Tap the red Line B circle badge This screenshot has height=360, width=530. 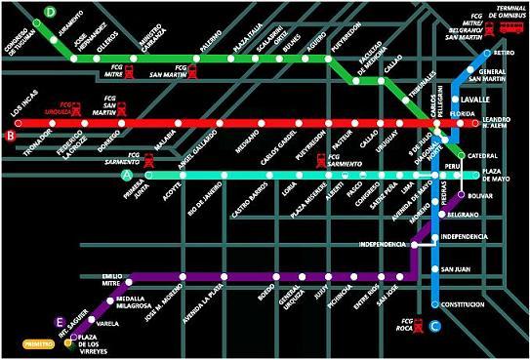11,137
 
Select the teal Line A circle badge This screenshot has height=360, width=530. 125,175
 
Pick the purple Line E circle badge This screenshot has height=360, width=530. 61,322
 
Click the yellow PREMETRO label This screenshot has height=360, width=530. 39,343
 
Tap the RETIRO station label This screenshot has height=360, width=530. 505,52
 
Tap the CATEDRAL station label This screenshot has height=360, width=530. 483,155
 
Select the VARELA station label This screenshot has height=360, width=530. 108,322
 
